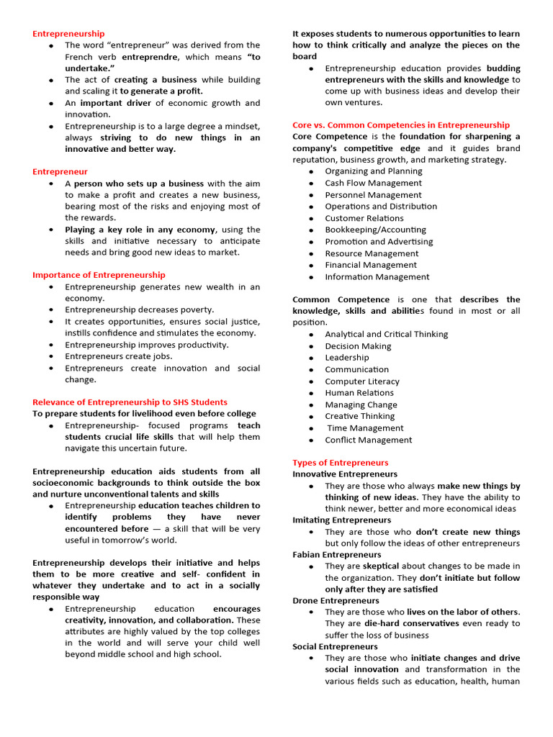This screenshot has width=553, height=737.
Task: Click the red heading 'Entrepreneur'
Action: point(60,172)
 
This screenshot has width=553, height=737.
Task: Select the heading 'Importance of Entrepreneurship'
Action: point(99,275)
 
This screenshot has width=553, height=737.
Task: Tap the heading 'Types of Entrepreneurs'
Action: point(340,463)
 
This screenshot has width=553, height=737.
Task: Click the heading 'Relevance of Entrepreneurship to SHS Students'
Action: point(130,402)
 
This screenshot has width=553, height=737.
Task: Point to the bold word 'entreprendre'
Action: point(148,57)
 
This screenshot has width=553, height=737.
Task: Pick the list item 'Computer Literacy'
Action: point(361,381)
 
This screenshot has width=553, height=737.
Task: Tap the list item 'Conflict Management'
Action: point(368,440)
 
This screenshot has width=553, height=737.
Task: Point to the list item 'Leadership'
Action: point(346,358)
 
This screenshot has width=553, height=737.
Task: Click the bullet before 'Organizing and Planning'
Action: point(310,172)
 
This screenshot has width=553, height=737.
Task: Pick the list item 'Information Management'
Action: point(377,277)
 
